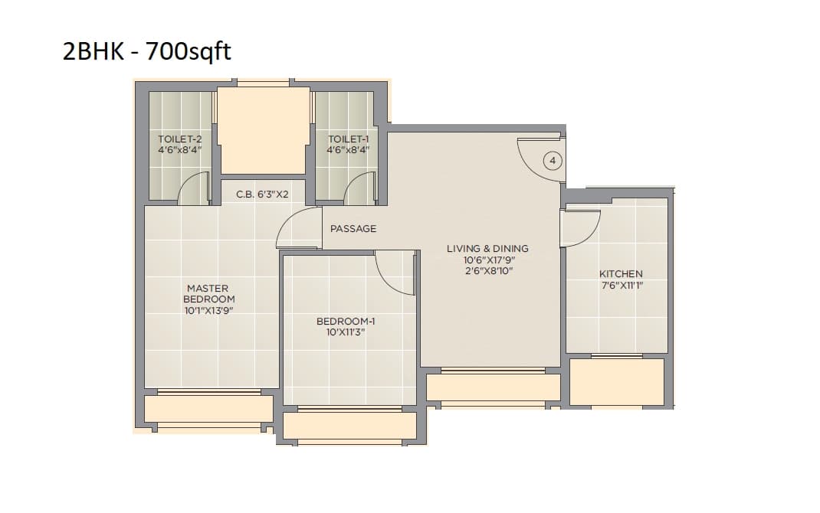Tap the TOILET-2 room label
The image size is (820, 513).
pyautogui.click(x=179, y=139)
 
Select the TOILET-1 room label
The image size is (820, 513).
pyautogui.click(x=349, y=139)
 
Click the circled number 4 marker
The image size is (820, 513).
pyautogui.click(x=554, y=161)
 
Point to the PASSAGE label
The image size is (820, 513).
pyautogui.click(x=353, y=229)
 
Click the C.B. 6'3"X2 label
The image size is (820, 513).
pyautogui.click(x=262, y=195)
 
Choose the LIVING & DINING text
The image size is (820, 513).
pyautogui.click(x=487, y=249)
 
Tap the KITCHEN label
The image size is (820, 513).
pyautogui.click(x=621, y=274)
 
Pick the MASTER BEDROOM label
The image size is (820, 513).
pyautogui.click(x=207, y=294)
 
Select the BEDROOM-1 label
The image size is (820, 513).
pyautogui.click(x=346, y=322)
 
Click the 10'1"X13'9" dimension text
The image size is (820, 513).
pyautogui.click(x=207, y=312)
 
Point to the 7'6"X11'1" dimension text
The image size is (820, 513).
pyautogui.click(x=621, y=286)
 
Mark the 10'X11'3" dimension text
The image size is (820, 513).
pyautogui.click(x=346, y=333)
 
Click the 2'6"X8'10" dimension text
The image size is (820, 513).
pyautogui.click(x=487, y=271)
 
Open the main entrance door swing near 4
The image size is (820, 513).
pyautogui.click(x=540, y=158)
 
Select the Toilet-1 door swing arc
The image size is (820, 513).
pyautogui.click(x=359, y=189)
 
